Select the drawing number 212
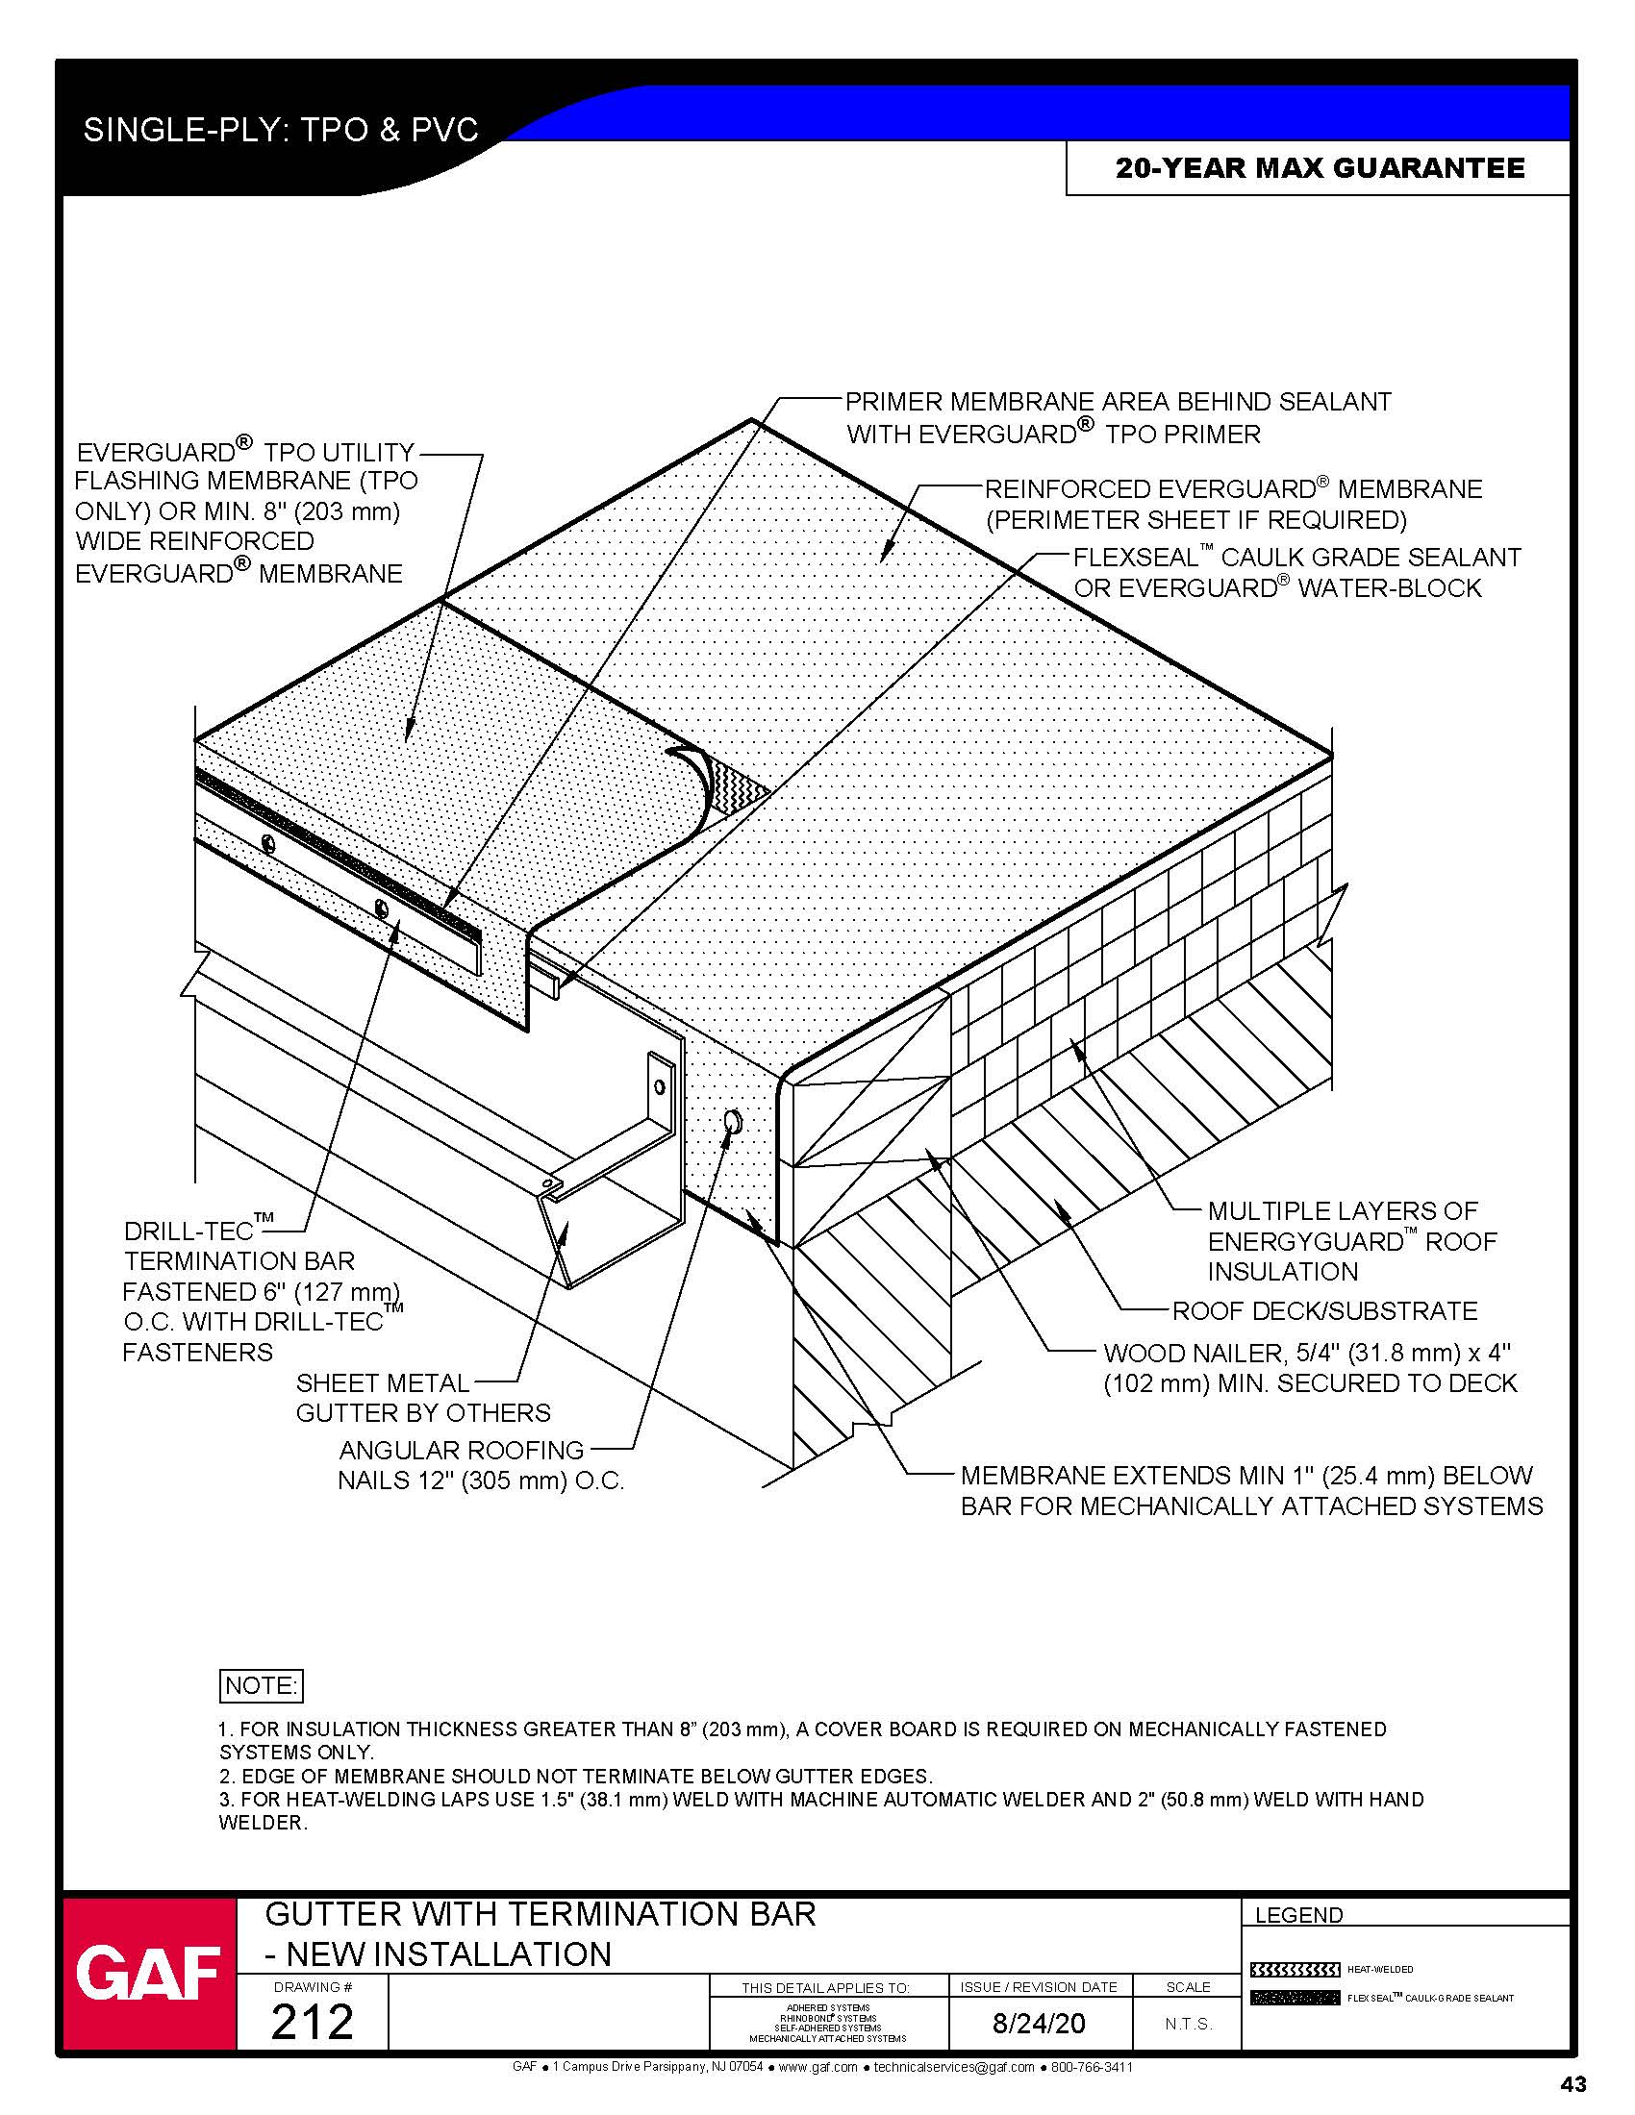[312, 2022]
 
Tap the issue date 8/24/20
[1039, 2023]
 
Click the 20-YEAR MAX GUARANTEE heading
[1320, 168]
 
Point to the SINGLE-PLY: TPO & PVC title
[281, 130]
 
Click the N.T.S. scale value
[1189, 2024]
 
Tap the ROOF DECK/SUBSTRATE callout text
[1324, 1311]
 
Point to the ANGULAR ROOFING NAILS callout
[481, 1464]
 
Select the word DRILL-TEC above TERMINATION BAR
[189, 1231]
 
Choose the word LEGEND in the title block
[1298, 1915]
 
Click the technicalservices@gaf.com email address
[953, 2068]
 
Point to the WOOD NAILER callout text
[1310, 1367]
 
